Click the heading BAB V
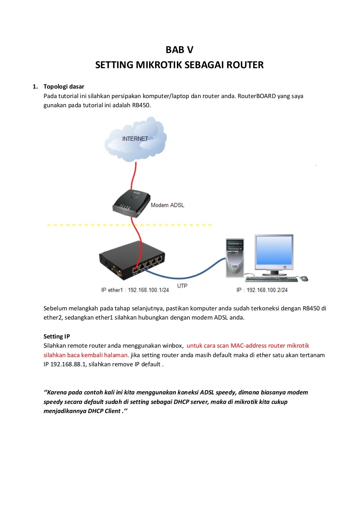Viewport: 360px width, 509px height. [179, 50]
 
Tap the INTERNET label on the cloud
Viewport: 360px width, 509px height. [135, 139]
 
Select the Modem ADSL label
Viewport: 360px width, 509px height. [167, 205]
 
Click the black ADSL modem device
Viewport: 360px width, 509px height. [130, 203]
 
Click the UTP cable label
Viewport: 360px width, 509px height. [182, 286]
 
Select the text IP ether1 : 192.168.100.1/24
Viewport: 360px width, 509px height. [135, 290]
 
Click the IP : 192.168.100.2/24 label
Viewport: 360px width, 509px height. [262, 290]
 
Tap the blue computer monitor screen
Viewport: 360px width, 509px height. [274, 250]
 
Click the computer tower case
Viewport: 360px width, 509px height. [234, 258]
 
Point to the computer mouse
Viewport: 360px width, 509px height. [304, 279]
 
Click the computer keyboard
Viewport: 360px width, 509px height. [271, 279]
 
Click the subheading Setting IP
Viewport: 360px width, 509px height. [57, 336]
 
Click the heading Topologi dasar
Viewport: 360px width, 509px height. [64, 86]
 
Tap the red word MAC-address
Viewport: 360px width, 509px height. [248, 346]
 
